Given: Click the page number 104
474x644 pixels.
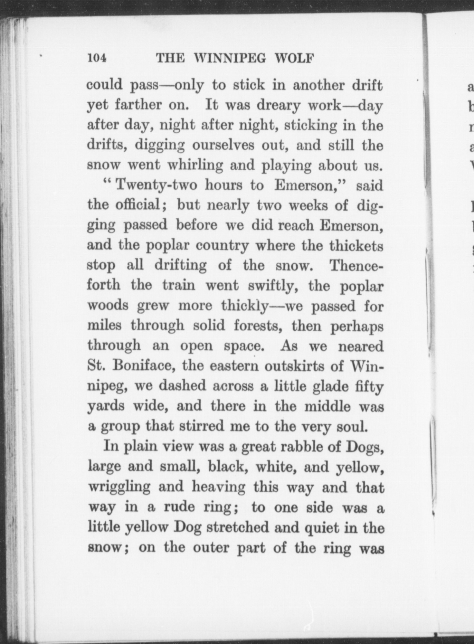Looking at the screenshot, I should coord(96,58).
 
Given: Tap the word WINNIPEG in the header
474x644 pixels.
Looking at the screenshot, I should coord(230,58).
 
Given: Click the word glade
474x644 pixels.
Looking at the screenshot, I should coord(330,386).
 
